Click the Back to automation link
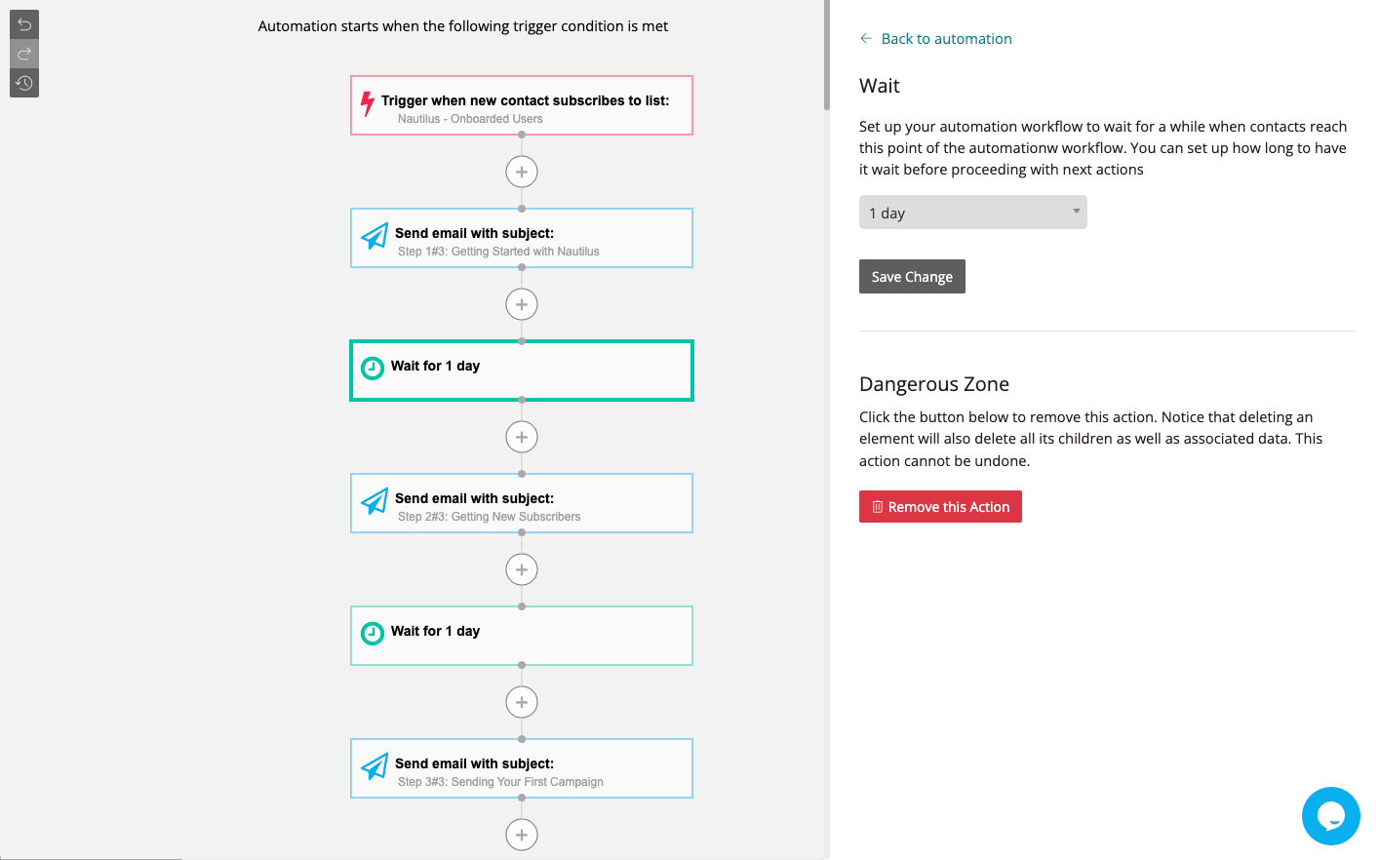(x=945, y=39)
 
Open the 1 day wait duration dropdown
(x=972, y=213)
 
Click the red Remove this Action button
(x=940, y=507)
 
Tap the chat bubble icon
(x=1330, y=816)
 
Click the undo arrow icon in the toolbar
(x=24, y=23)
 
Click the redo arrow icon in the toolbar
(x=24, y=54)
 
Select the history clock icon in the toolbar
(x=24, y=83)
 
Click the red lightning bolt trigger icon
(x=368, y=103)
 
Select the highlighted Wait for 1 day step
(x=522, y=371)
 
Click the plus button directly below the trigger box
(x=522, y=172)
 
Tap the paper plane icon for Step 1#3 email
(x=375, y=236)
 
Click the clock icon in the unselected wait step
(x=373, y=634)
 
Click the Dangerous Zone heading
(x=933, y=384)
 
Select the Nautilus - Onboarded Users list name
(x=470, y=119)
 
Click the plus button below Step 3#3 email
(x=522, y=835)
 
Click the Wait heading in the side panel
(x=879, y=86)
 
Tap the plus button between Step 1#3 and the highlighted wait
(x=522, y=304)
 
